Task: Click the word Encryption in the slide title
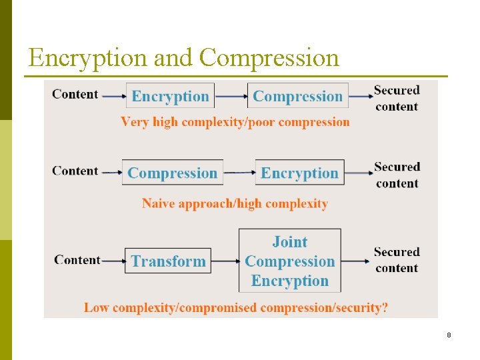pyautogui.click(x=89, y=59)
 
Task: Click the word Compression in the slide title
pyautogui.click(x=269, y=59)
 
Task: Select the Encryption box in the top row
pyautogui.click(x=171, y=96)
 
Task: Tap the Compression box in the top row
pyautogui.click(x=298, y=96)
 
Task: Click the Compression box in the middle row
pyautogui.click(x=173, y=173)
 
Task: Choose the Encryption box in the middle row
pyautogui.click(x=300, y=173)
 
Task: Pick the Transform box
pyautogui.click(x=168, y=261)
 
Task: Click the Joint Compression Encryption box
pyautogui.click(x=290, y=261)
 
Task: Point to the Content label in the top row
pyautogui.click(x=75, y=94)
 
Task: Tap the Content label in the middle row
pyautogui.click(x=75, y=171)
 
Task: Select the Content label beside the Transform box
pyautogui.click(x=77, y=260)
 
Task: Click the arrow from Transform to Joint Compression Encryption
pyautogui.click(x=225, y=261)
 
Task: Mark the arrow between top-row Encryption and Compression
pyautogui.click(x=231, y=96)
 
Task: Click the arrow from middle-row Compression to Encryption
pyautogui.click(x=239, y=173)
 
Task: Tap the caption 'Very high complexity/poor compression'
pyautogui.click(x=235, y=122)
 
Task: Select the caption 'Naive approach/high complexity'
pyautogui.click(x=235, y=203)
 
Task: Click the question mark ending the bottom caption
pyautogui.click(x=385, y=307)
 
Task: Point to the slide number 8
pyautogui.click(x=449, y=335)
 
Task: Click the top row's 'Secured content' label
pyautogui.click(x=397, y=98)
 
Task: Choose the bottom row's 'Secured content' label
pyautogui.click(x=397, y=260)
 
